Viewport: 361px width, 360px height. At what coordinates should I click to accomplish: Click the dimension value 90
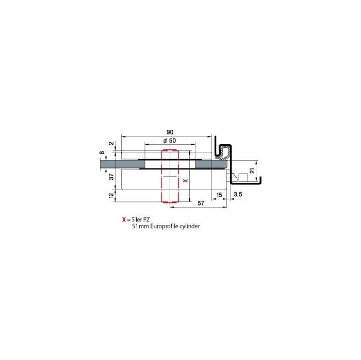pos(170,132)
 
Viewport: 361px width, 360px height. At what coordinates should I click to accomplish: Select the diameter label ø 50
pos(170,141)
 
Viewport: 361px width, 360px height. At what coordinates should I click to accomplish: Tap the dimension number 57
pos(201,203)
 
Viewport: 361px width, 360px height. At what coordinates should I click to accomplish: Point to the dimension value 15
pos(219,195)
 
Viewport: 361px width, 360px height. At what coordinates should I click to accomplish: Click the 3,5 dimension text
pos(238,195)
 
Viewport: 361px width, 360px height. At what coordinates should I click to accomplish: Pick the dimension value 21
pos(253,170)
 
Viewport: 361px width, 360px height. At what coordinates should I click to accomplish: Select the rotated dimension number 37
pos(111,177)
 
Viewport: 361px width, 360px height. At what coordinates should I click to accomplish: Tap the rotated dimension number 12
pos(111,195)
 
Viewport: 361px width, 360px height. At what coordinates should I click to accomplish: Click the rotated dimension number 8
pos(102,152)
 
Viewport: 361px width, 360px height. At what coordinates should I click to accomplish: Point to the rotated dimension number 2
pos(111,144)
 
